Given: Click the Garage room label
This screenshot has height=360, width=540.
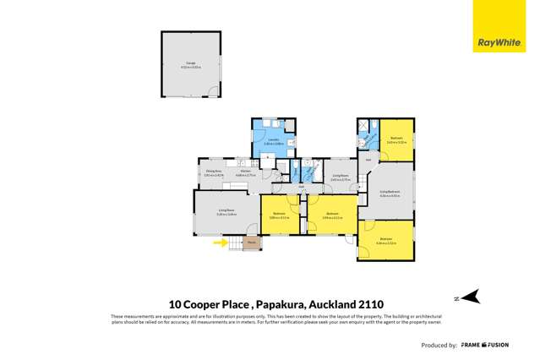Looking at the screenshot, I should (x=191, y=64).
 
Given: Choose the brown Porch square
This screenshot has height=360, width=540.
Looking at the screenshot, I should (x=252, y=243).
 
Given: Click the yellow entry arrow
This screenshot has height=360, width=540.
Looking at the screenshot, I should (x=219, y=243).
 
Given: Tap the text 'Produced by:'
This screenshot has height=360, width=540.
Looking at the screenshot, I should (x=439, y=346).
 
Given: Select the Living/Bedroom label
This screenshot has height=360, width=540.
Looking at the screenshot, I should (x=388, y=194).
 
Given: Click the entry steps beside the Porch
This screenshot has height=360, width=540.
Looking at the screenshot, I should (x=235, y=244).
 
